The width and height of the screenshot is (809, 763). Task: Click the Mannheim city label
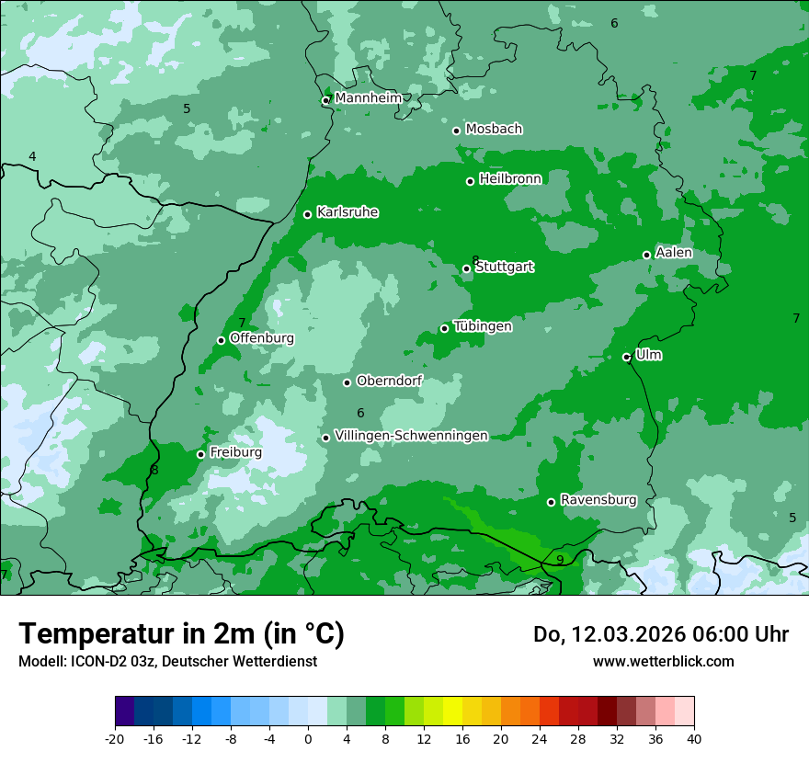click(x=368, y=98)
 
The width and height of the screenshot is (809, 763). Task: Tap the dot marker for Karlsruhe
click(x=308, y=215)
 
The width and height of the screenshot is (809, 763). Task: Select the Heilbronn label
click(x=510, y=179)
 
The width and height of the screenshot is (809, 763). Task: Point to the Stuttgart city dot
click(x=467, y=269)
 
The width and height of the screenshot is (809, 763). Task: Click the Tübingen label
click(x=483, y=326)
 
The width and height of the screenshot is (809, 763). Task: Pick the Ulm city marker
click(x=627, y=358)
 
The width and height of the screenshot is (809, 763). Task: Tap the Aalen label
click(x=674, y=253)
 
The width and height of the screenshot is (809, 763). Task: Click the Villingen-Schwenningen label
click(x=411, y=436)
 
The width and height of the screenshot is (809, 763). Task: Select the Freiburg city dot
click(x=201, y=455)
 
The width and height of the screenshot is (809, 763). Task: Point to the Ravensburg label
click(x=598, y=500)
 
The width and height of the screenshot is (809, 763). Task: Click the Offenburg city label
click(x=262, y=338)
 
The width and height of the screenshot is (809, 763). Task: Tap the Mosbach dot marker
click(x=456, y=131)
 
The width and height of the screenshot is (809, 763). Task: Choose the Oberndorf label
click(x=389, y=381)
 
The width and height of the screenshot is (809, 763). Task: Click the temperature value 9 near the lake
click(x=560, y=560)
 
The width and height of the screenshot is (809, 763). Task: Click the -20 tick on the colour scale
click(x=115, y=738)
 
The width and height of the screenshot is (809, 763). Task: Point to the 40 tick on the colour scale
click(x=693, y=738)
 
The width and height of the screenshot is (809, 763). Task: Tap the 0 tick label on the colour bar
click(x=308, y=738)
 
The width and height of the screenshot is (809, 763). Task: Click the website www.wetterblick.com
click(x=663, y=661)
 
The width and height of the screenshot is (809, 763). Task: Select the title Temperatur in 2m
click(x=181, y=633)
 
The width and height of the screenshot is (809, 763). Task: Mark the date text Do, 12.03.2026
click(x=607, y=634)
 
